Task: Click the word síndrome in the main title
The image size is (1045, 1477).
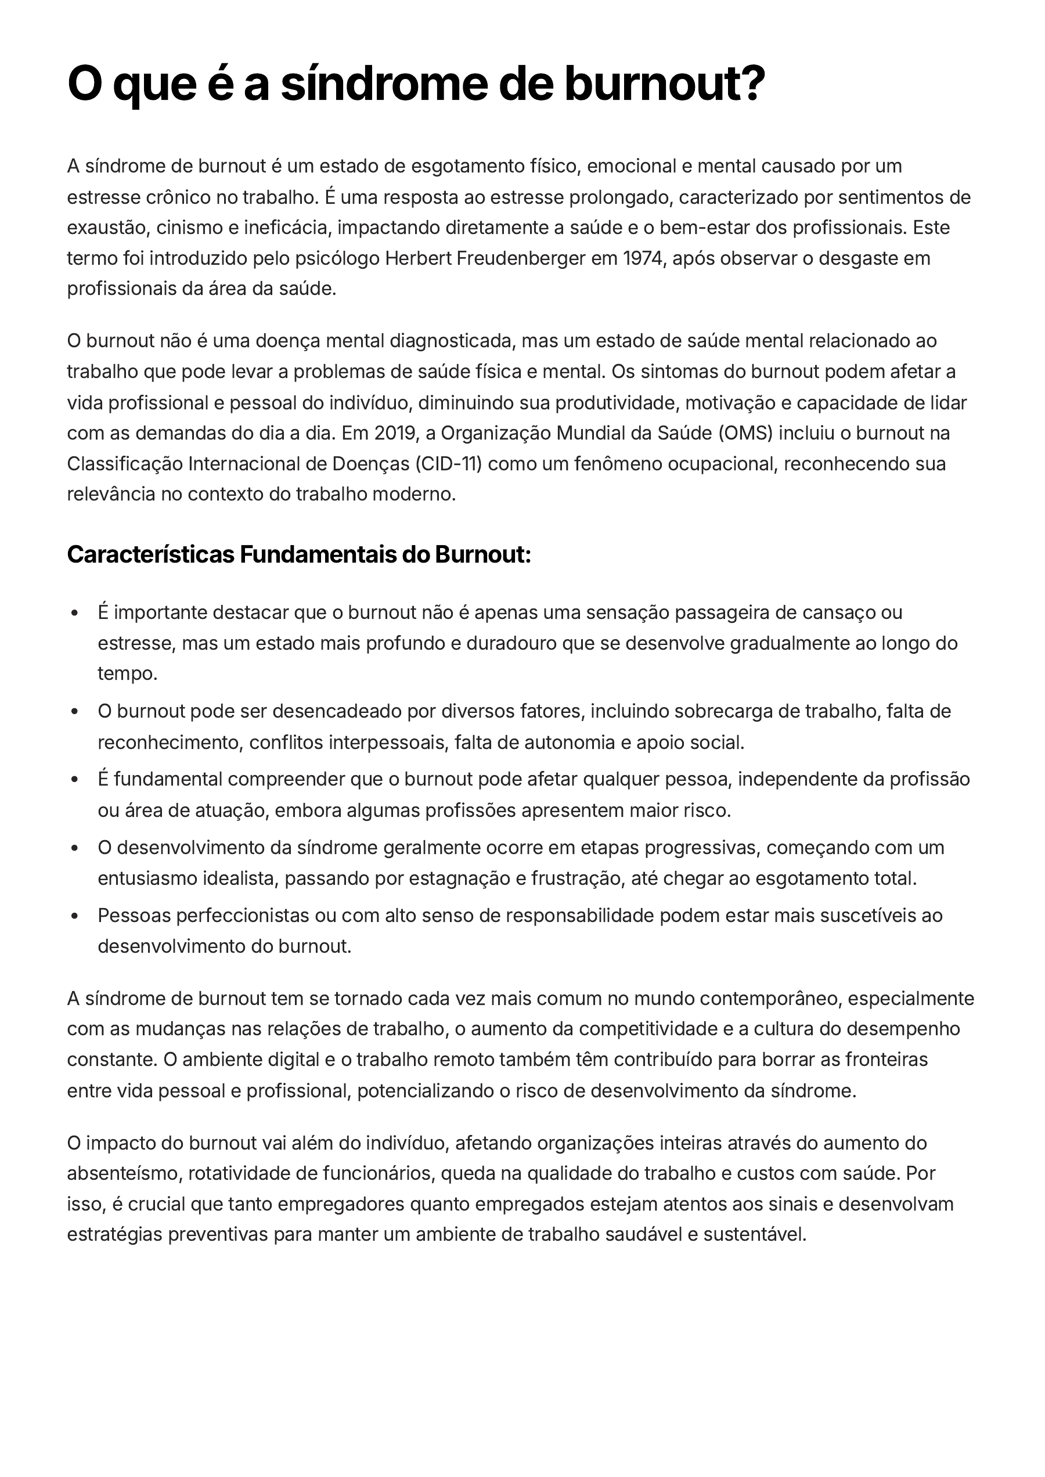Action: (x=384, y=84)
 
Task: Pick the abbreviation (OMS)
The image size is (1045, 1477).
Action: (x=745, y=433)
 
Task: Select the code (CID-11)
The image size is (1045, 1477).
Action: (x=448, y=464)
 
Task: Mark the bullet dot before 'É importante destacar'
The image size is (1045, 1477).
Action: (x=75, y=613)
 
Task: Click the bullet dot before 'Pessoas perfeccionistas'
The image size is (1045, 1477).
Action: (x=75, y=916)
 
